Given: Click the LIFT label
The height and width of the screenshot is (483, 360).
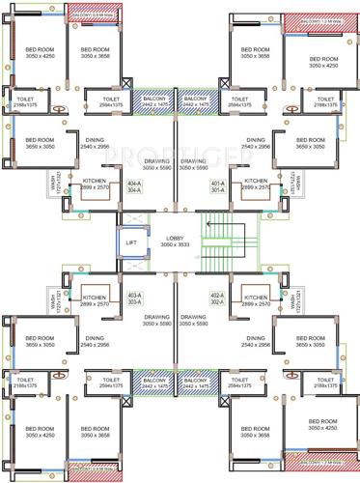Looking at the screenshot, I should pos(132,243).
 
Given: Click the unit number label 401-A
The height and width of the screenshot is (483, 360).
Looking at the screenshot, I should pos(217,185).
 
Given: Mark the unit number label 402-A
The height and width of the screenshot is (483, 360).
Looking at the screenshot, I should pos(217,298).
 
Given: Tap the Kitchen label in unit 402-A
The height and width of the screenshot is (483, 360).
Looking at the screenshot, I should pos(256,299).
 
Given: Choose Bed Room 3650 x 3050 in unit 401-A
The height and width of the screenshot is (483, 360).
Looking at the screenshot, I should pos(311,143).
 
